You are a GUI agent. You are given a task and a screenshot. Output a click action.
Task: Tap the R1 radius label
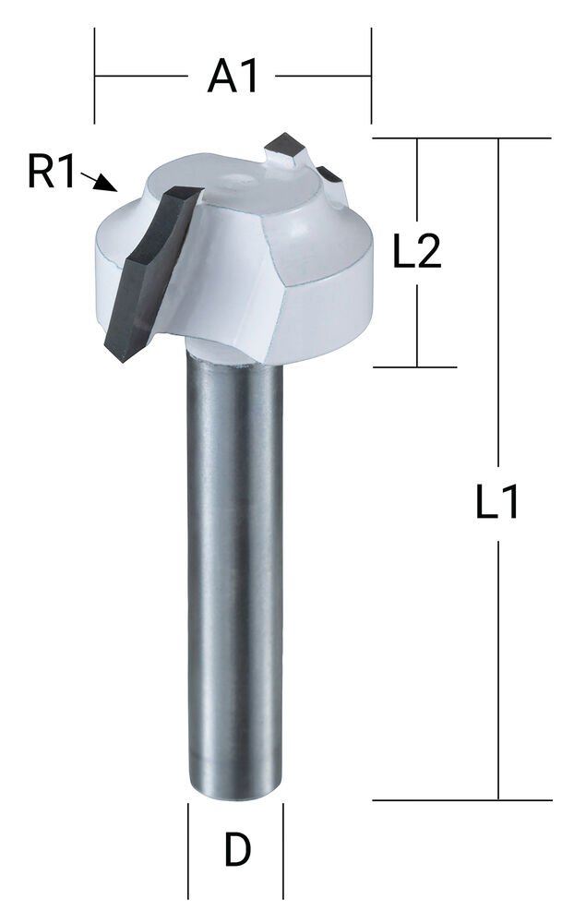point(51,173)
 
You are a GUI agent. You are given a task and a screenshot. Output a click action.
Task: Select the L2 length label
point(417,253)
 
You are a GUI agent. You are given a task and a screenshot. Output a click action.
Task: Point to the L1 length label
point(498,504)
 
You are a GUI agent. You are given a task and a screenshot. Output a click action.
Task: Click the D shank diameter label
point(237,850)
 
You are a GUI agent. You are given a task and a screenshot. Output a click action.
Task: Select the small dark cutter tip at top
point(285,149)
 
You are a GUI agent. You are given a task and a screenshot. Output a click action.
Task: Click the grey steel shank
point(234,572)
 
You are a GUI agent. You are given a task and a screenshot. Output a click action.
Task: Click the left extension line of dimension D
point(188,850)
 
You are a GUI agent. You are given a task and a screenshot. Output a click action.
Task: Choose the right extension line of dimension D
point(282,850)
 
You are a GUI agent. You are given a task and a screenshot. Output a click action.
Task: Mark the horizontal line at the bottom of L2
point(415,366)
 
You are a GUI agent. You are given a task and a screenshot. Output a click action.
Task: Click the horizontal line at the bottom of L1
point(461,800)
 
